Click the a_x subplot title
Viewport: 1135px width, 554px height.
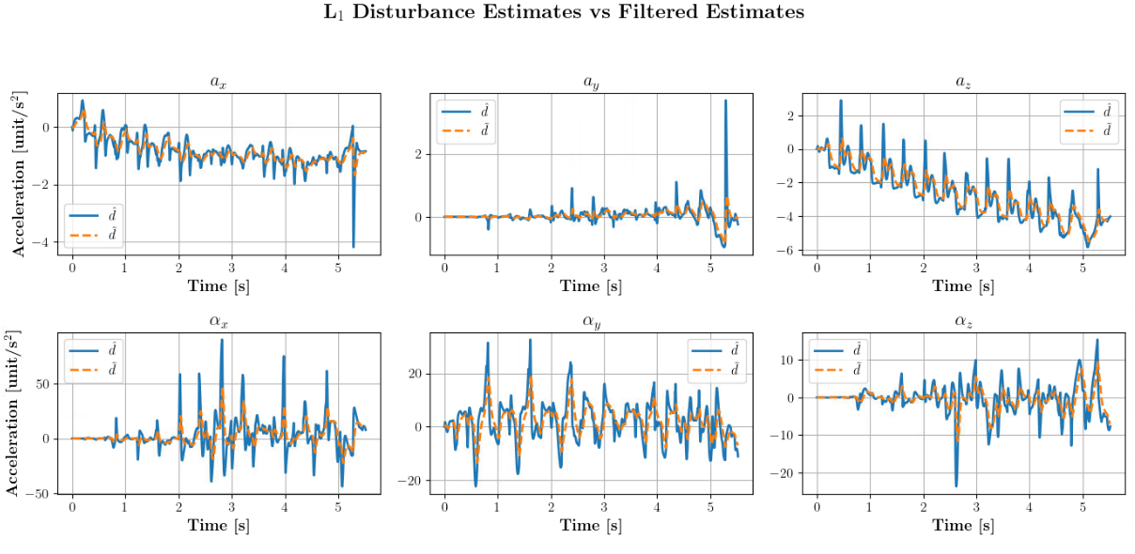coord(218,82)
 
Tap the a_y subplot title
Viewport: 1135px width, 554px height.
coord(591,82)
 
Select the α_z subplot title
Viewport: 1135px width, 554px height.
coord(963,321)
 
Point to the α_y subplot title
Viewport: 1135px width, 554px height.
coord(591,321)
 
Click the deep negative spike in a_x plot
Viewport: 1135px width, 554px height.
coord(353,245)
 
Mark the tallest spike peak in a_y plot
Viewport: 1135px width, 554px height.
coord(725,101)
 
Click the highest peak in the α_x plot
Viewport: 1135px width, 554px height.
coord(222,340)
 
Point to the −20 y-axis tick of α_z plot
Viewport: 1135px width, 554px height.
coord(785,473)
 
